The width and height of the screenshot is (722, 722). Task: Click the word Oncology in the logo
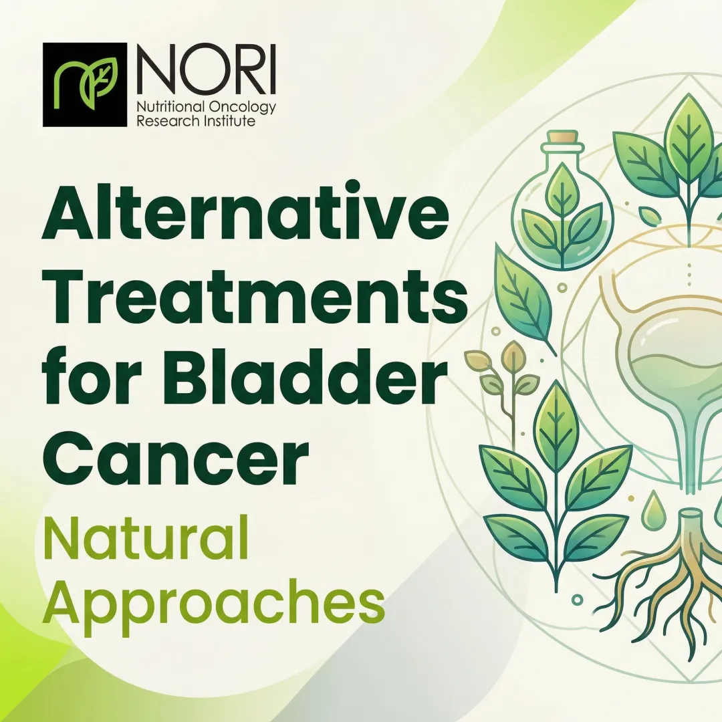tap(245, 108)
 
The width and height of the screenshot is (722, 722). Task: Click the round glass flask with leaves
tap(554, 214)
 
